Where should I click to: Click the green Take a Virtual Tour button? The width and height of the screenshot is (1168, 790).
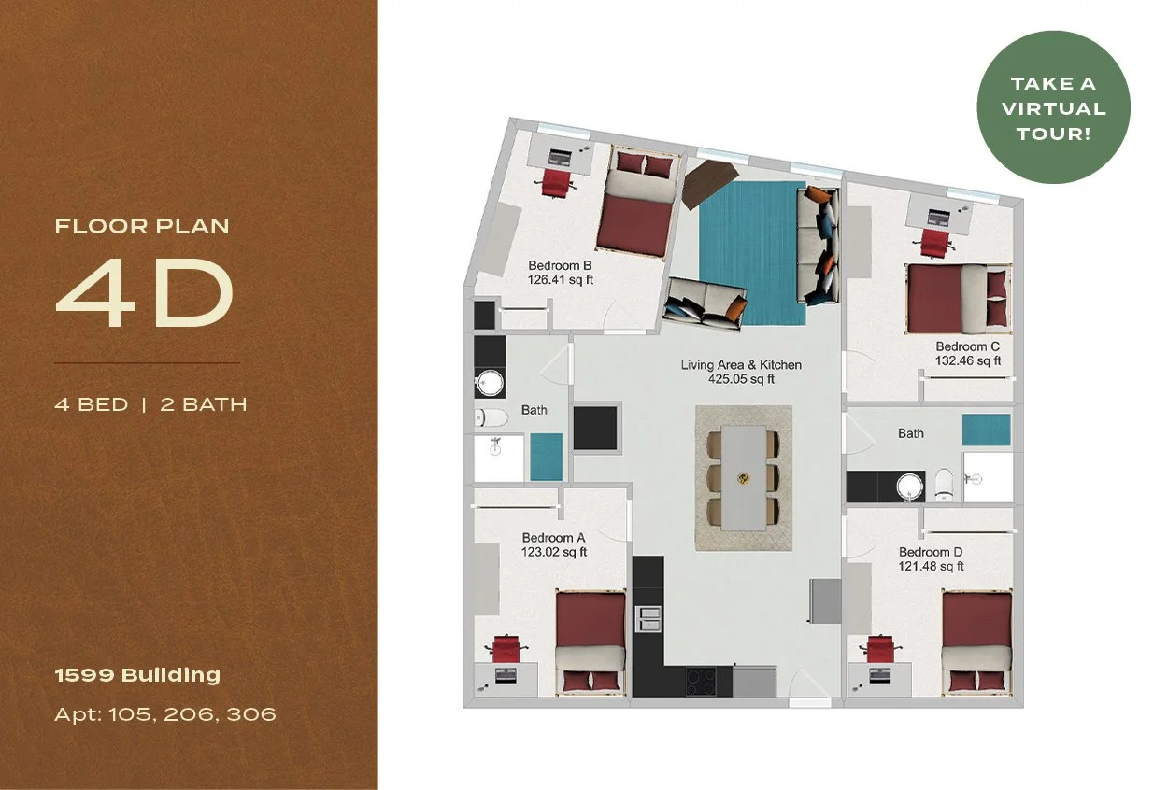click(1053, 107)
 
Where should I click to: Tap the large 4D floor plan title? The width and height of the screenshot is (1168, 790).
click(145, 292)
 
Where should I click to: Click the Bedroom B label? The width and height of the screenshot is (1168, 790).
click(560, 266)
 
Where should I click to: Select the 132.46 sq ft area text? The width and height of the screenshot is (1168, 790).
click(968, 360)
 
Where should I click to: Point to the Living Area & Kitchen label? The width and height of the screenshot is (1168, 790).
click(741, 365)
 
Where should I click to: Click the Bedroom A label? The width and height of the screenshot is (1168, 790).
click(553, 537)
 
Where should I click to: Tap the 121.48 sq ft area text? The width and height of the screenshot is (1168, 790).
click(931, 566)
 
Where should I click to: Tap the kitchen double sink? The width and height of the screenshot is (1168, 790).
click(648, 619)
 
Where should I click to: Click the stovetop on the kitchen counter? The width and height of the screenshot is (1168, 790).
click(702, 681)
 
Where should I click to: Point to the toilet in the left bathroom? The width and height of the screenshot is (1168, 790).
click(491, 416)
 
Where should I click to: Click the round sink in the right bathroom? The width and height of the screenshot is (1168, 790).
click(909, 487)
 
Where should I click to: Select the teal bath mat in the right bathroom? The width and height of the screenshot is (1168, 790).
click(986, 430)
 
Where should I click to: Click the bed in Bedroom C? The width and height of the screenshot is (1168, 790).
click(959, 299)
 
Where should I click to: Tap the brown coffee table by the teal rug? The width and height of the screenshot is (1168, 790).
click(711, 183)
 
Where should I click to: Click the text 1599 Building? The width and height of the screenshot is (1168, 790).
click(137, 675)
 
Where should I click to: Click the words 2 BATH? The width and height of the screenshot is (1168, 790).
click(204, 404)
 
